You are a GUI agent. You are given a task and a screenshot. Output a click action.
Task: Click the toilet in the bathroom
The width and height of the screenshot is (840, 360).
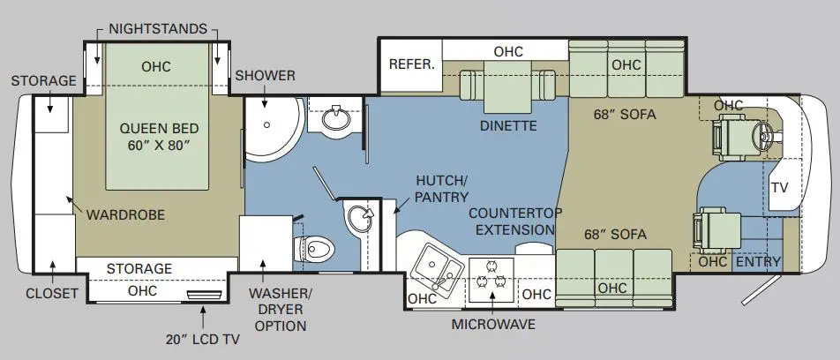[314, 249]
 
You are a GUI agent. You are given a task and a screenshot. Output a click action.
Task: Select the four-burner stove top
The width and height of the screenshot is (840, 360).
[491, 281]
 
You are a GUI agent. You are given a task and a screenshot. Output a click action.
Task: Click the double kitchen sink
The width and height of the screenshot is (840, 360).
[438, 266]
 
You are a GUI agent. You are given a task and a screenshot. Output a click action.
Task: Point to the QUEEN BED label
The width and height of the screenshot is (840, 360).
[159, 136]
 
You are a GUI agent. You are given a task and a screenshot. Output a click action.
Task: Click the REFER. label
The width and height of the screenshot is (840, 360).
[411, 64]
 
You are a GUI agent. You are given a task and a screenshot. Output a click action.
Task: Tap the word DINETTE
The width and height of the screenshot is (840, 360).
[508, 126]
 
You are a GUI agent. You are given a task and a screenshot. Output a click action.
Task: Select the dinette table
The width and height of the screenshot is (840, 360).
[507, 86]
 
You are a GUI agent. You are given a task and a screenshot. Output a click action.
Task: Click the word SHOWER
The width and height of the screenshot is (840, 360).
[266, 76]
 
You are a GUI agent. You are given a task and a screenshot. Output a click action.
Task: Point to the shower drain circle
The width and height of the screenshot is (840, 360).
[266, 124]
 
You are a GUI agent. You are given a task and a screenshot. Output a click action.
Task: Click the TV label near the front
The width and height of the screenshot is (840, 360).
[780, 187]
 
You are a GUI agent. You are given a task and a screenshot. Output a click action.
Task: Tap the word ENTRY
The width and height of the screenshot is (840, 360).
[758, 261]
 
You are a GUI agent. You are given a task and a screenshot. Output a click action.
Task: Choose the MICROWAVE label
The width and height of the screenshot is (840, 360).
[493, 324]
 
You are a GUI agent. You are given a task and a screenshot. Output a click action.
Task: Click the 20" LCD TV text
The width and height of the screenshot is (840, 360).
[202, 339]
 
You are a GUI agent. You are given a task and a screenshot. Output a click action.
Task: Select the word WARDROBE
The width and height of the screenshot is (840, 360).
[125, 215]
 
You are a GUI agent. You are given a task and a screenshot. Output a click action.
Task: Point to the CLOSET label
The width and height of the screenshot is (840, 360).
[52, 294]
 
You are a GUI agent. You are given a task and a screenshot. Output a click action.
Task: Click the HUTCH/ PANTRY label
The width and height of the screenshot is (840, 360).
[442, 189]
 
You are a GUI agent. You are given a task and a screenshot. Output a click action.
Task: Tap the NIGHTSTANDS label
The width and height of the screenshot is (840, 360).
[157, 28]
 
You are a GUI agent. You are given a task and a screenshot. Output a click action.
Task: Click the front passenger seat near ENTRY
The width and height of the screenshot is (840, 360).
[716, 231]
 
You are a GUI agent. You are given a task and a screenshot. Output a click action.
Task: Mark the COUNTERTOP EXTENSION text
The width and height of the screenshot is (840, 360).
[515, 221]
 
